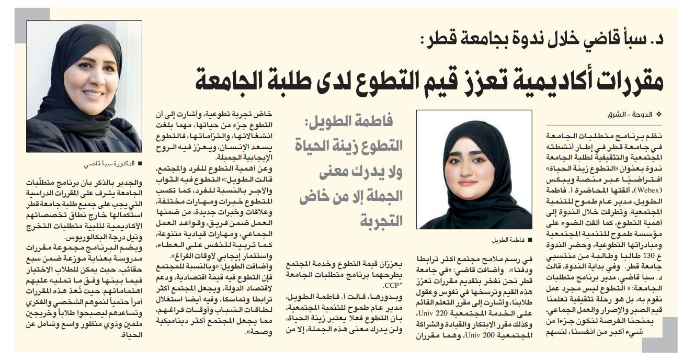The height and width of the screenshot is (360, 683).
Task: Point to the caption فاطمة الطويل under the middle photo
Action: [509, 240]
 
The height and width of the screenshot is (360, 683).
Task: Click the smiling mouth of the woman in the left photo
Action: [93, 95]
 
